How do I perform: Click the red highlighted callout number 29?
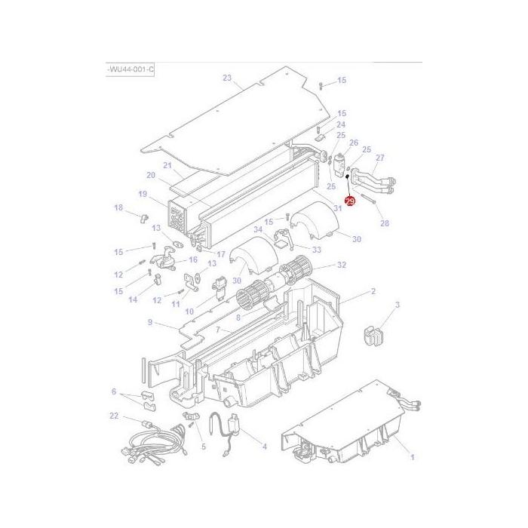349,201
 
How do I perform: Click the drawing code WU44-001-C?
130,69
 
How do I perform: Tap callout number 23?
227,78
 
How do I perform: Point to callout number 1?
411,457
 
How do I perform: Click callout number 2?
372,291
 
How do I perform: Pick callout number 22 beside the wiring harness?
114,416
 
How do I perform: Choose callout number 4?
264,446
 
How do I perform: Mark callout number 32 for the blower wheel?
342,265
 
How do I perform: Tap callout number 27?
379,158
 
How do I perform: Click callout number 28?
385,224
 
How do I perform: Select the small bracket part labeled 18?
143,218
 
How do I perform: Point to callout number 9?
150,322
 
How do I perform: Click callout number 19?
142,193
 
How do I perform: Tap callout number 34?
259,229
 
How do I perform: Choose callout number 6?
114,391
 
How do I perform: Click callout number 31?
337,208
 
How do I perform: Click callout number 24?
341,124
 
